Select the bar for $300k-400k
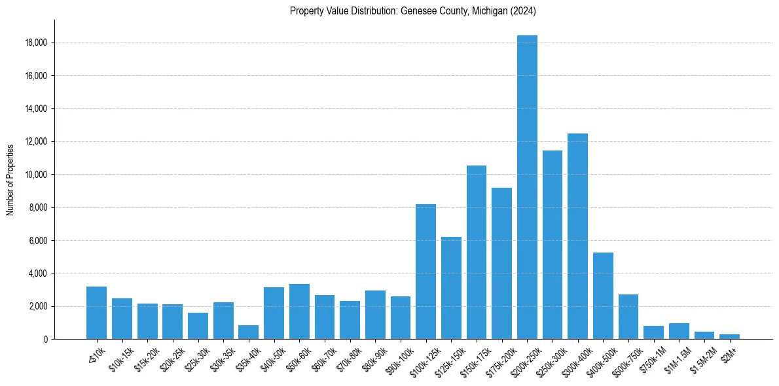coord(577,236)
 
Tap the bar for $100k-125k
coord(426,272)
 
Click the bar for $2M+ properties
coord(729,336)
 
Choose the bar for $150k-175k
coord(477,252)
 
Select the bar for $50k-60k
coord(299,311)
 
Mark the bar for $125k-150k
coord(451,288)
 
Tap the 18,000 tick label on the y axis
coord(35,43)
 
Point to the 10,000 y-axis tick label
coord(35,175)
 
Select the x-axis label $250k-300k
coord(551,359)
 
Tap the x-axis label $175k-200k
coord(500,359)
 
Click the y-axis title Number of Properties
coord(10,179)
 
